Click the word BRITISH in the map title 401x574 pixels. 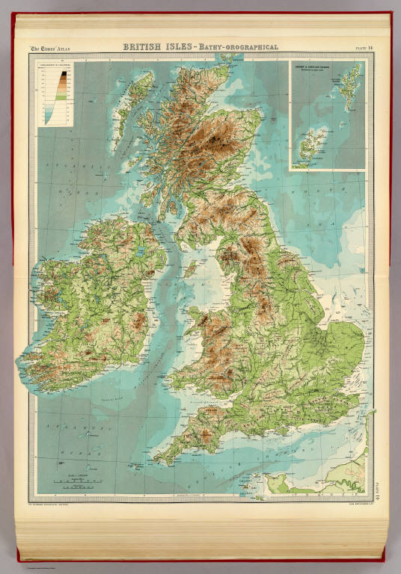click(143, 47)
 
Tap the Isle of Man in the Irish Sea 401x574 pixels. click(192, 267)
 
